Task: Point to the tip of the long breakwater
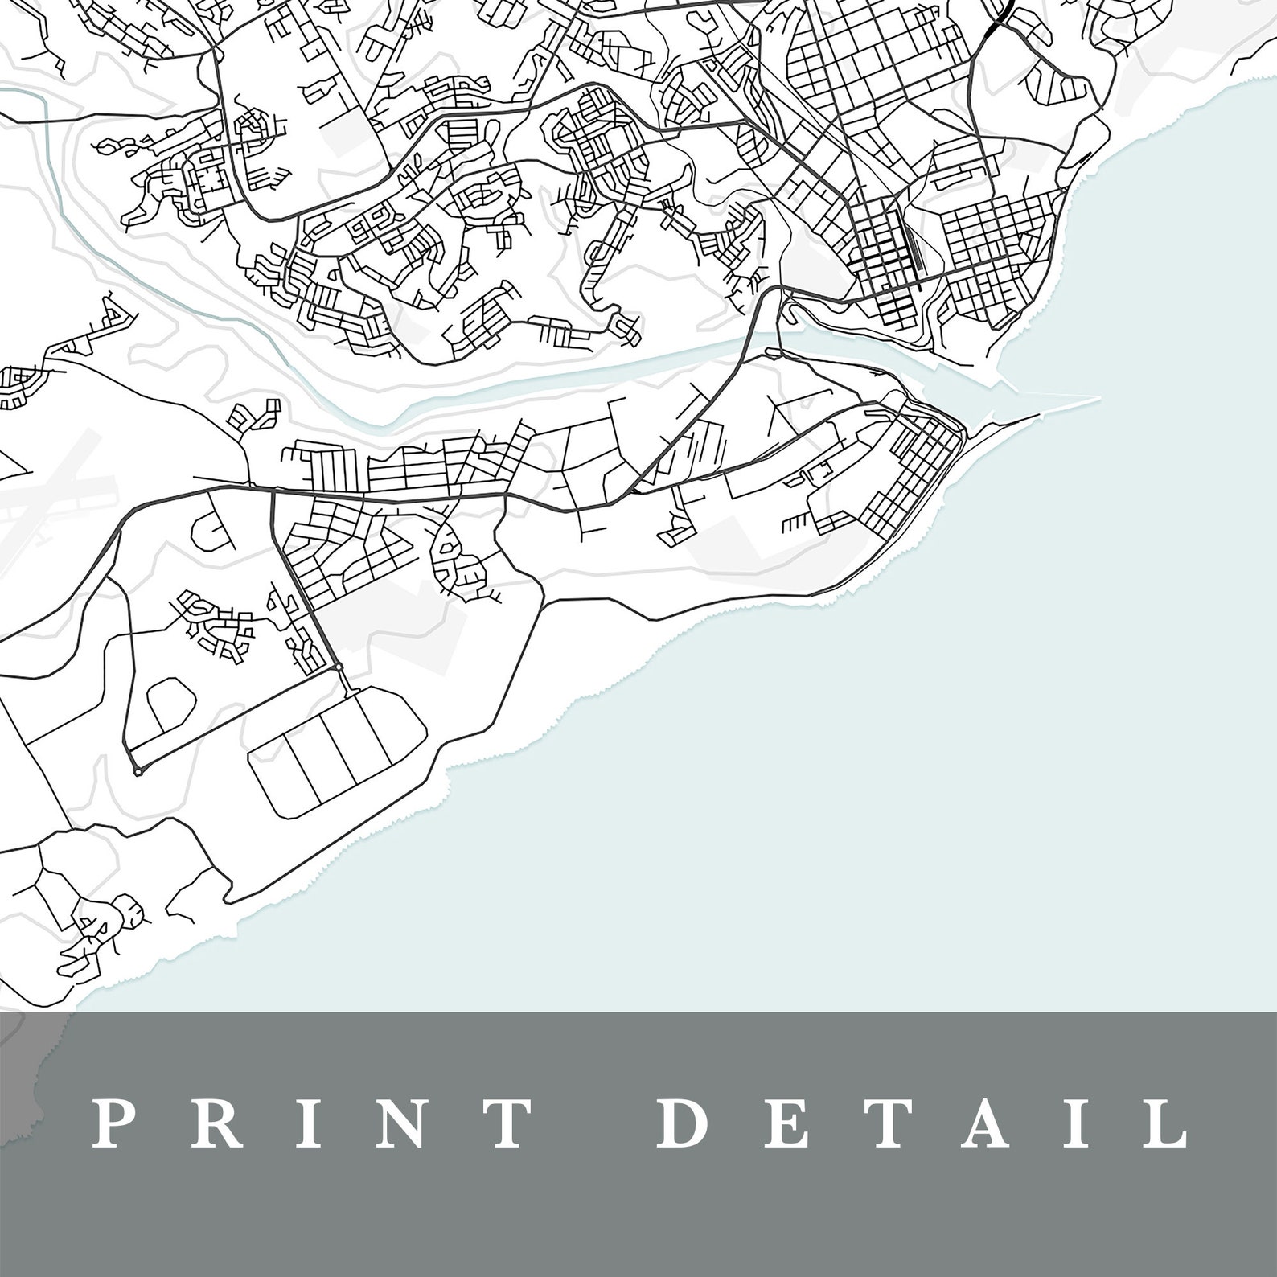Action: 1098,397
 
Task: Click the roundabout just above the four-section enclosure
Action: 339,667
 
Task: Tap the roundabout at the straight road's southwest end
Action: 138,771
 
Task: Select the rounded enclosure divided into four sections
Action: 338,754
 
